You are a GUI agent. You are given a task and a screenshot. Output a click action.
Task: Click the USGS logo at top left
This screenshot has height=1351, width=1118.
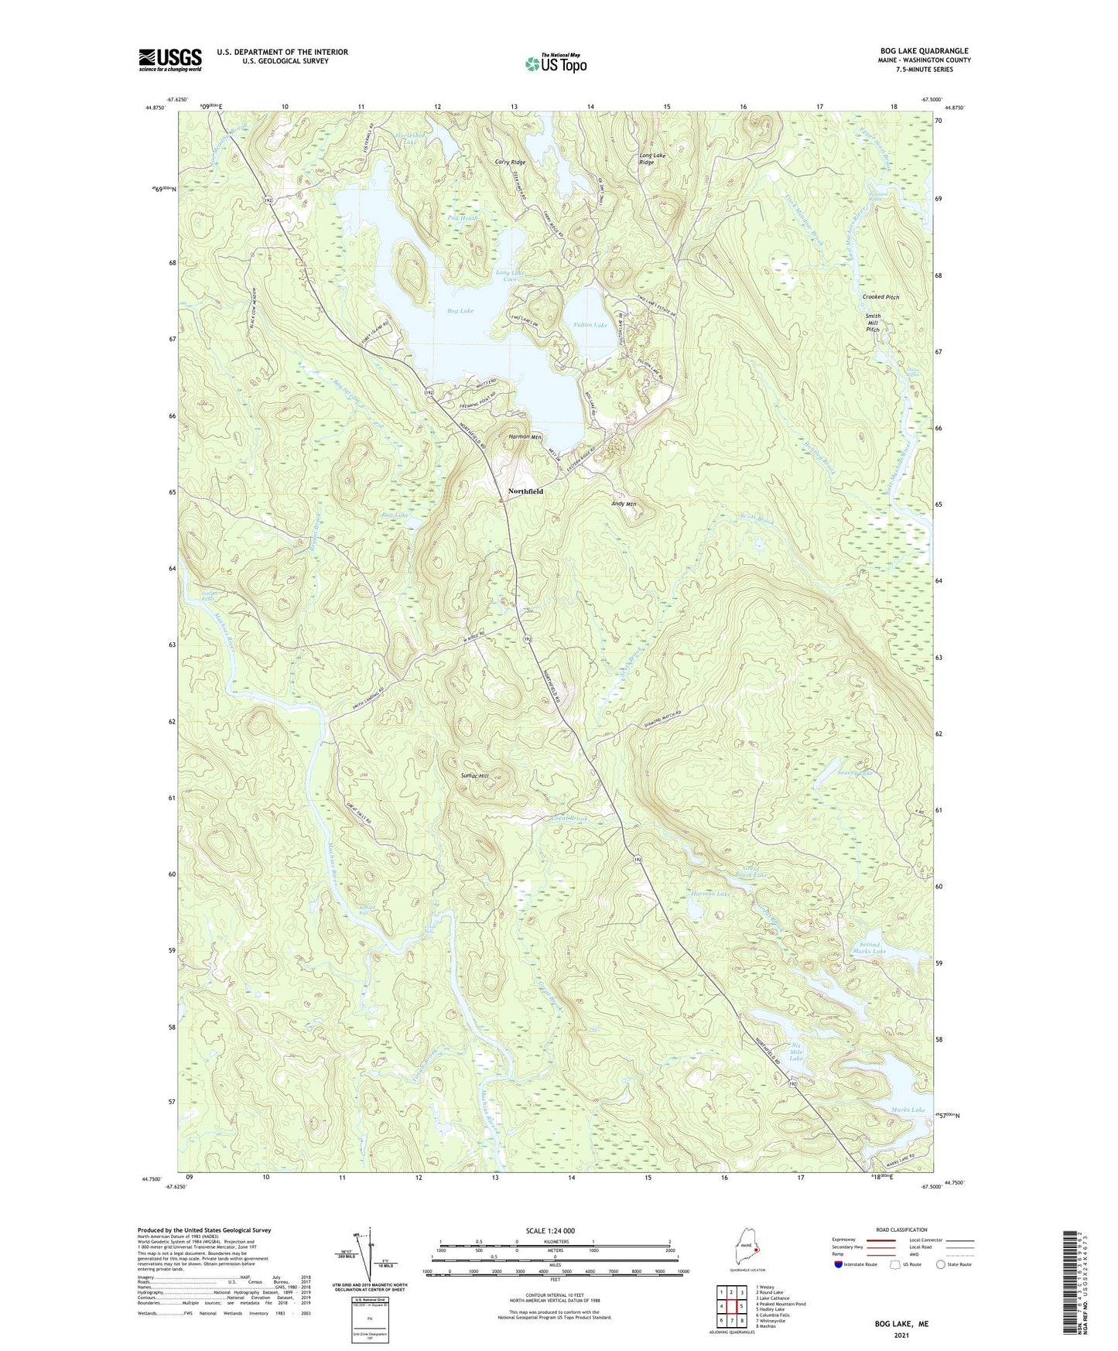coord(170,60)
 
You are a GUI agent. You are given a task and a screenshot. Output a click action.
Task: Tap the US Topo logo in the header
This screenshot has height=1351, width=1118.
coord(556,63)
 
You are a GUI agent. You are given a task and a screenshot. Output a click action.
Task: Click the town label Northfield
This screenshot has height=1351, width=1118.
coord(525,491)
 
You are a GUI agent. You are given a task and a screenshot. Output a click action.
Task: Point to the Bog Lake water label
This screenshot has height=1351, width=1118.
coord(460,311)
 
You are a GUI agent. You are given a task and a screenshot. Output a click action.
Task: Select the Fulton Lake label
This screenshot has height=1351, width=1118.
coord(590,325)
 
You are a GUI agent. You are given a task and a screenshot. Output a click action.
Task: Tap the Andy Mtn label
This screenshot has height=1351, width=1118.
coord(624,504)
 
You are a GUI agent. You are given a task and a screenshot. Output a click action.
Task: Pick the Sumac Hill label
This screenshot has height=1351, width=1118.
coord(474,775)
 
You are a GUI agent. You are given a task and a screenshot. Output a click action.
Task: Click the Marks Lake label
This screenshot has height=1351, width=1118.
coord(908,1110)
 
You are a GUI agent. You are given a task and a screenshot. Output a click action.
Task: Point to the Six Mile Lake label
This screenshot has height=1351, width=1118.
coord(795,1053)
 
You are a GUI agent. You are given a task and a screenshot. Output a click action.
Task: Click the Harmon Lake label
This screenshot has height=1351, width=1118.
coord(710,894)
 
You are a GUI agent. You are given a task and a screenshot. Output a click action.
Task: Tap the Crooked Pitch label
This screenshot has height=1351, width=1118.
coord(880,297)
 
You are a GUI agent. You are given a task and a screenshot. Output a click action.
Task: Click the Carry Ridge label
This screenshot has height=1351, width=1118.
coord(510,162)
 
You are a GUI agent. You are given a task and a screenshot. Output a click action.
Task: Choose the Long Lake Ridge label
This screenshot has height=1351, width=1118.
coord(651,159)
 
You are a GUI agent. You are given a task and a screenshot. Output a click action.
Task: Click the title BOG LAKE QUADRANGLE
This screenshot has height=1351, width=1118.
coord(924,51)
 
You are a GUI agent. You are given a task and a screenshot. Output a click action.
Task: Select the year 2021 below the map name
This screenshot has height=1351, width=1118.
coord(901,1335)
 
